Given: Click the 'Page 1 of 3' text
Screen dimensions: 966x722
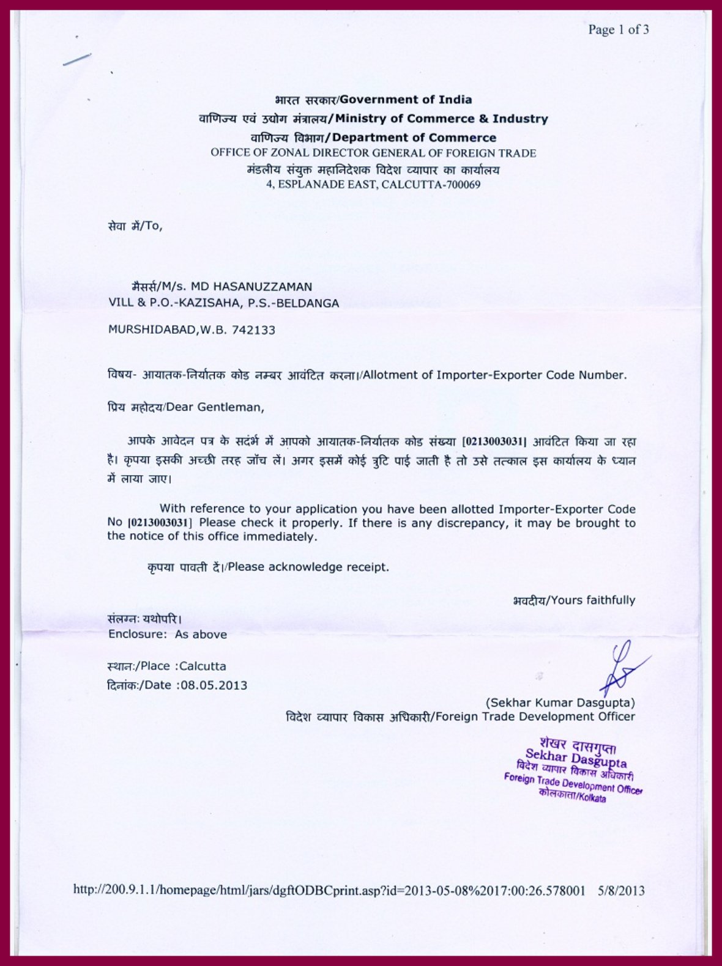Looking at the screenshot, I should [618, 29].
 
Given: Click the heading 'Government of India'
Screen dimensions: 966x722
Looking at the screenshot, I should [406, 100].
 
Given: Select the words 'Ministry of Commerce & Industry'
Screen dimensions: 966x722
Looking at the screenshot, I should [441, 119].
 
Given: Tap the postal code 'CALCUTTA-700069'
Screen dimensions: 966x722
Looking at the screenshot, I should [431, 185].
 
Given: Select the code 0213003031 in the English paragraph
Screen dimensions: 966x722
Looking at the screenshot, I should [160, 523].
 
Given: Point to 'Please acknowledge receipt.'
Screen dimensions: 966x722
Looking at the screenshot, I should [308, 567].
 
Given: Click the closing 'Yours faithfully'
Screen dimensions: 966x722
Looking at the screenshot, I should [593, 600].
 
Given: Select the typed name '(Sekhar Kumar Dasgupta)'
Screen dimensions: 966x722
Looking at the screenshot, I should [560, 702].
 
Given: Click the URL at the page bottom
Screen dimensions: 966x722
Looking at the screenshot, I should [329, 890].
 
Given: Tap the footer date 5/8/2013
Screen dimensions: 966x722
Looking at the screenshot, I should [621, 890].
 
